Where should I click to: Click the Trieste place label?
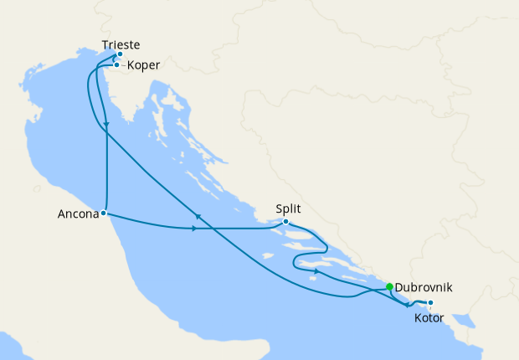click(x=120, y=44)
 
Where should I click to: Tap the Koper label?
click(x=143, y=64)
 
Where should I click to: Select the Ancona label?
click(x=78, y=213)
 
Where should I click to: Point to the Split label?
click(x=288, y=209)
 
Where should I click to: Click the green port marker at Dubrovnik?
click(x=390, y=287)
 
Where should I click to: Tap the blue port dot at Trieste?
click(x=120, y=54)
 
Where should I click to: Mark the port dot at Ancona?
click(x=103, y=213)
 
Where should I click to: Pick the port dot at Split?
click(x=286, y=222)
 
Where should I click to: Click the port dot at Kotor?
click(x=429, y=303)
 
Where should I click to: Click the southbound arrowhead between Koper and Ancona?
click(x=107, y=126)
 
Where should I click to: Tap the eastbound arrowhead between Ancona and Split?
click(x=194, y=229)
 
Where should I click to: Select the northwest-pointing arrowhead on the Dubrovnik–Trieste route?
click(x=198, y=217)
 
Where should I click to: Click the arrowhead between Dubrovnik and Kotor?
click(x=407, y=305)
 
